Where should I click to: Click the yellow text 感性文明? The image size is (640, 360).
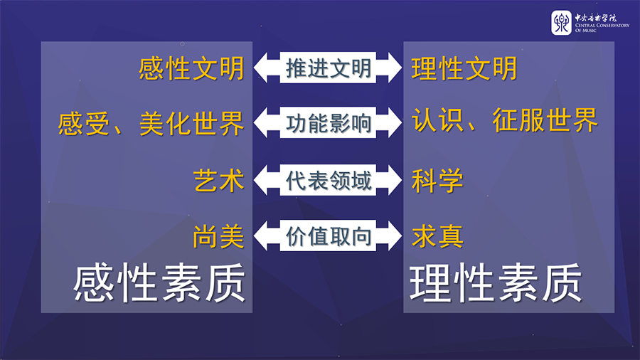point(191,69)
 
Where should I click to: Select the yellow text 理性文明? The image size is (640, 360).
point(464,69)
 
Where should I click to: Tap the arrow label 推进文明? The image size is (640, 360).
point(328,68)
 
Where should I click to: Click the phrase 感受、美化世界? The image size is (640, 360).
point(151,124)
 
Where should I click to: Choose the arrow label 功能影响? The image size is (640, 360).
point(328,124)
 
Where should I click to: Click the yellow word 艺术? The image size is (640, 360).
point(218,181)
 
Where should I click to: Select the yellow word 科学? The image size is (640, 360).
point(437,181)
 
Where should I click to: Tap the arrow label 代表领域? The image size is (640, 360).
point(328,181)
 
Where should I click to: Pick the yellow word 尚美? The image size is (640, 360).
point(218,237)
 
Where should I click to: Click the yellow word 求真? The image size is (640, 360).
point(437,236)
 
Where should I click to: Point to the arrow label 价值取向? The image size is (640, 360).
point(328,237)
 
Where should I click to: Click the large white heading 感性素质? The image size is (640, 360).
point(160,283)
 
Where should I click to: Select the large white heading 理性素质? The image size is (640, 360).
point(496,283)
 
